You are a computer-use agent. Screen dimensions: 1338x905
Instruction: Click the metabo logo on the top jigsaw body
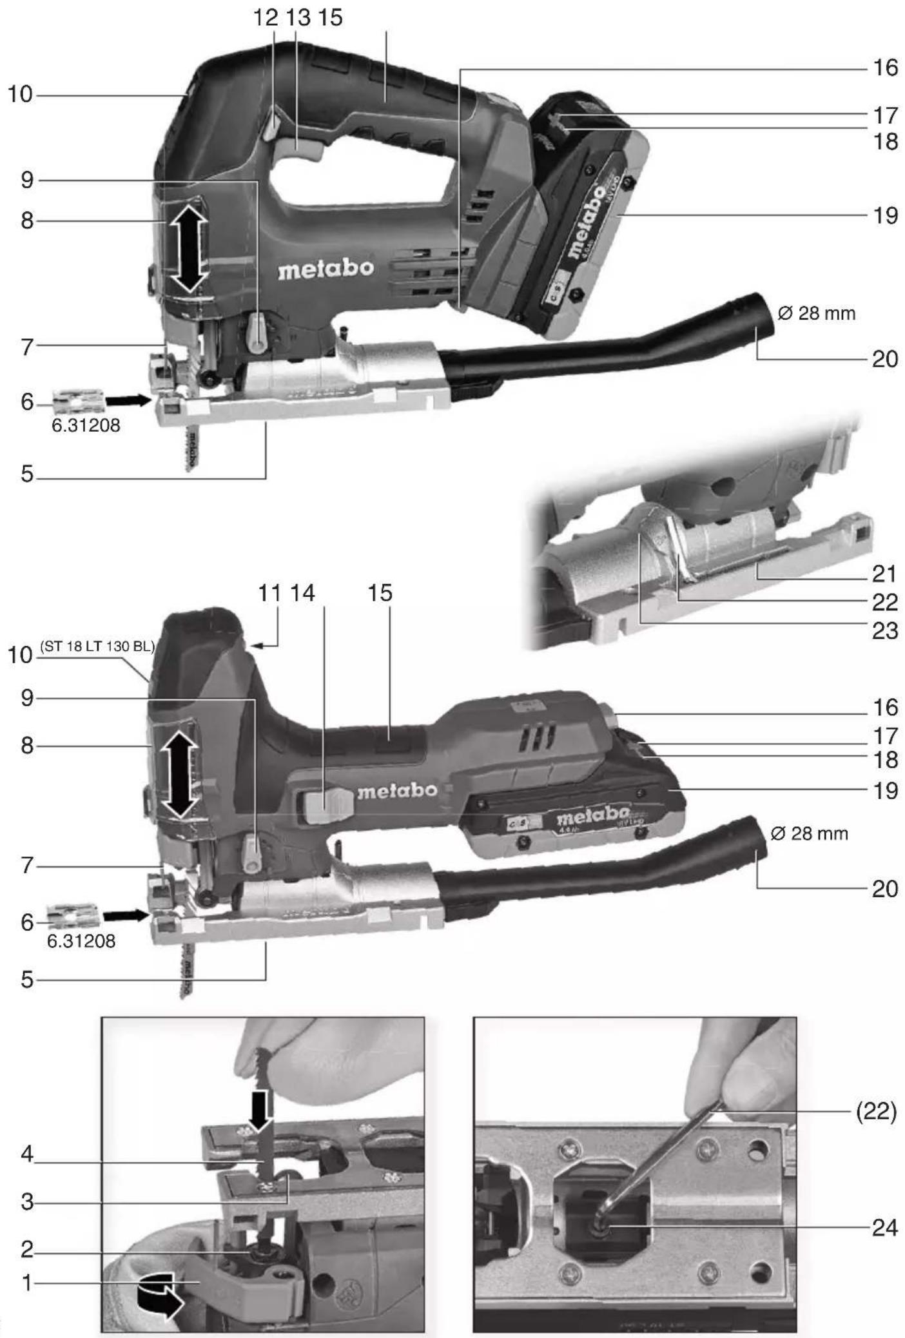(326, 268)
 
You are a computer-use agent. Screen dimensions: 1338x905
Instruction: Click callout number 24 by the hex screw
(884, 1228)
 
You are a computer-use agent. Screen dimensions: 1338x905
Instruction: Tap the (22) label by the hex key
(875, 1112)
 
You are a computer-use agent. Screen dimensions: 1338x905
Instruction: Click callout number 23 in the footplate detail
(884, 630)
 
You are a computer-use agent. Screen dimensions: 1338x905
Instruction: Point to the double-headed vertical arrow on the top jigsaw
(188, 247)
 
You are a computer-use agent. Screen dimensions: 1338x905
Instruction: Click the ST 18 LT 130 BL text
(97, 646)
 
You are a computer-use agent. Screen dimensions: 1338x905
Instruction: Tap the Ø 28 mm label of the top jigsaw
(816, 314)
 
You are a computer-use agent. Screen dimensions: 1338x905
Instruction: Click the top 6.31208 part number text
(86, 425)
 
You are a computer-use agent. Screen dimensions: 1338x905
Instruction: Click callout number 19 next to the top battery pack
(885, 215)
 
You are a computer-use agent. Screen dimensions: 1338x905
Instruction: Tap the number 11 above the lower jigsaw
(269, 593)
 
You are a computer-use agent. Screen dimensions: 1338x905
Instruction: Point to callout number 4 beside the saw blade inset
(26, 1153)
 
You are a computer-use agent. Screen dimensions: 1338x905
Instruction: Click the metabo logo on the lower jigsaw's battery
(592, 817)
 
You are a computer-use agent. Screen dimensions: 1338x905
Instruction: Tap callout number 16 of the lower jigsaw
(885, 707)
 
